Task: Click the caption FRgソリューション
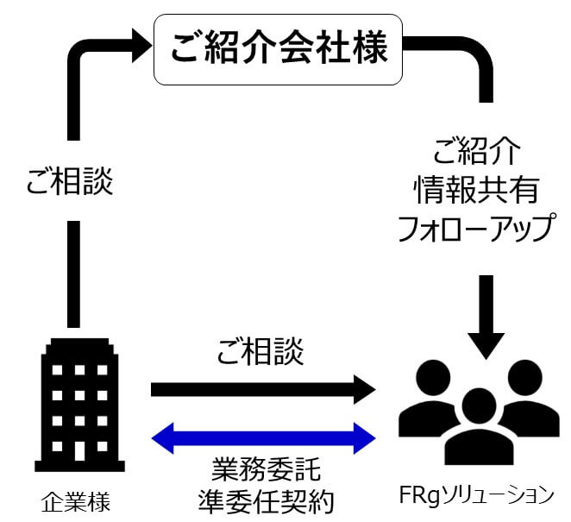point(477,495)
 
